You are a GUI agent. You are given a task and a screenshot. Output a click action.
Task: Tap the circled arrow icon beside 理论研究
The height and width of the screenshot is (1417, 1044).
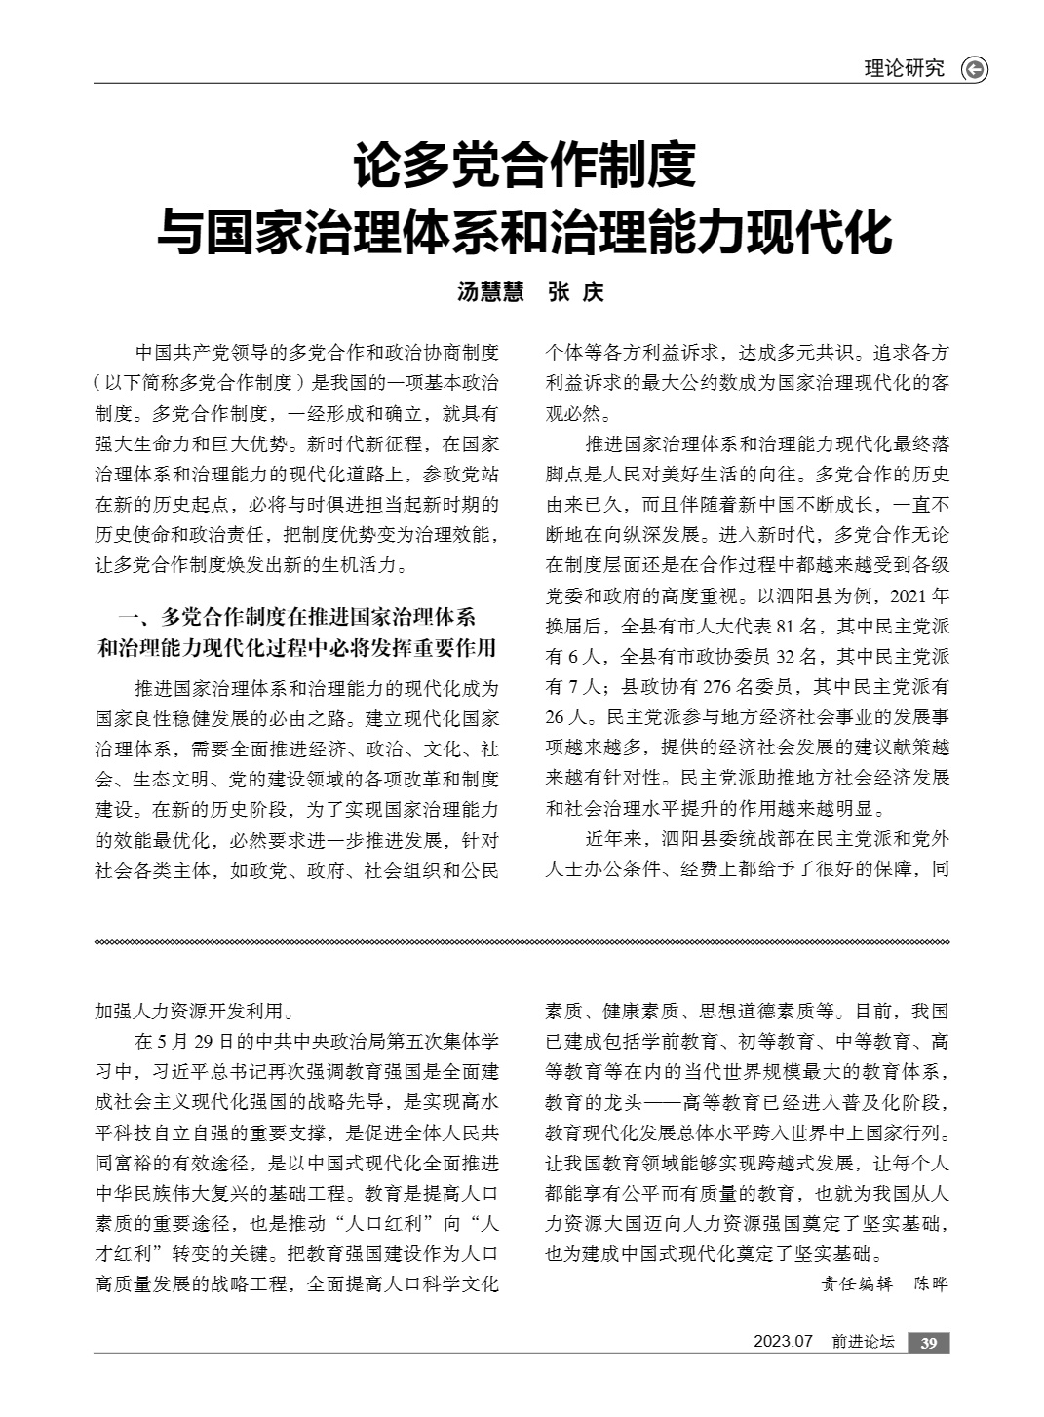point(973,69)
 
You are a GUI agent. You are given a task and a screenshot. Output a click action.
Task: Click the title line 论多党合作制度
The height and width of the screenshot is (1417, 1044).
point(524,166)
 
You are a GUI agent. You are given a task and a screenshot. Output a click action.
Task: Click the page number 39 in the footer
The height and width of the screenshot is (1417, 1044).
point(928,1344)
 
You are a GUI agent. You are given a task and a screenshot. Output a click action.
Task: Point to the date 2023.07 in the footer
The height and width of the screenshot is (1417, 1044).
point(782,1343)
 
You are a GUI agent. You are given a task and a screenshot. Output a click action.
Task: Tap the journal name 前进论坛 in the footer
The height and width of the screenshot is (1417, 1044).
point(863,1343)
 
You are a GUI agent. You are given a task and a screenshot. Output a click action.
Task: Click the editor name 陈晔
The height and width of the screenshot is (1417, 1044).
point(930,1283)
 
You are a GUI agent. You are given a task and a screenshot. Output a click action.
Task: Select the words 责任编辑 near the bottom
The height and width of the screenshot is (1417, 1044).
point(856,1283)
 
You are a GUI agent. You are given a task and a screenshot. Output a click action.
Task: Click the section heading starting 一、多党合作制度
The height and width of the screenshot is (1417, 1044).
point(296,632)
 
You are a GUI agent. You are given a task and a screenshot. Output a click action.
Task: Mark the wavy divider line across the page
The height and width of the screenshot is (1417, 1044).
point(522,942)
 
